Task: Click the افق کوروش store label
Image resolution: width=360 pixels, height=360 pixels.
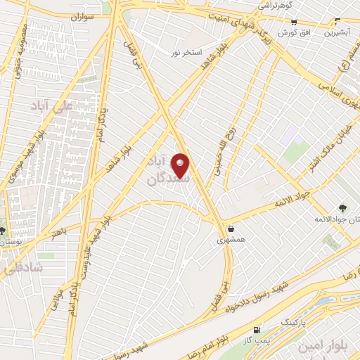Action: click(292, 33)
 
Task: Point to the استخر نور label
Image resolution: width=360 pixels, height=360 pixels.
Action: click(188, 53)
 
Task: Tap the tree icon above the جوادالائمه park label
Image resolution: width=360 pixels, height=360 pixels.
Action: click(342, 208)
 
